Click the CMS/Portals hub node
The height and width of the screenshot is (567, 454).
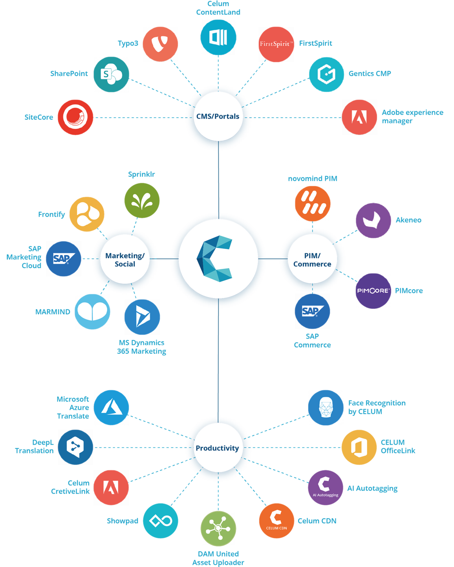click(x=218, y=117)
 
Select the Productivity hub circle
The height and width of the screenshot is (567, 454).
click(x=218, y=448)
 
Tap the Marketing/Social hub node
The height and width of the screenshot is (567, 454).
click(x=125, y=259)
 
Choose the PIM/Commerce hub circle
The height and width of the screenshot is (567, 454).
click(x=312, y=259)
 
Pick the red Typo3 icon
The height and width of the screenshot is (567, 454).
click(x=160, y=44)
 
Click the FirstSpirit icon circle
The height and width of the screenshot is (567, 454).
click(x=276, y=44)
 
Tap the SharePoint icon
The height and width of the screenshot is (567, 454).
click(x=112, y=74)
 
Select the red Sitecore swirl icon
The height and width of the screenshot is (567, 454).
click(x=75, y=117)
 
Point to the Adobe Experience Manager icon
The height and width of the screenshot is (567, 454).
click(x=359, y=117)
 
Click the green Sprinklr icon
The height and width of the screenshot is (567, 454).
click(x=142, y=201)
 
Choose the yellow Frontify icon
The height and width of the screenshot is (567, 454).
click(x=87, y=214)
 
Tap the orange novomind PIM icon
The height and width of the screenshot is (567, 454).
click(x=313, y=204)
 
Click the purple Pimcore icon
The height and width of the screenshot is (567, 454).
click(x=373, y=291)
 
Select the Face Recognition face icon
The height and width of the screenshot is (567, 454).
click(x=326, y=408)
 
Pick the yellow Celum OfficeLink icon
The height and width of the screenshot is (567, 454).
click(x=359, y=447)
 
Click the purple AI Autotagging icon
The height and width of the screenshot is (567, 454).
click(x=326, y=487)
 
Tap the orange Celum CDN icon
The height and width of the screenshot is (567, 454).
click(x=276, y=520)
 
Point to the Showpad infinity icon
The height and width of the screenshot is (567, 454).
click(x=160, y=521)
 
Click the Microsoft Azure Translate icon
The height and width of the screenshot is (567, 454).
click(x=112, y=408)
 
